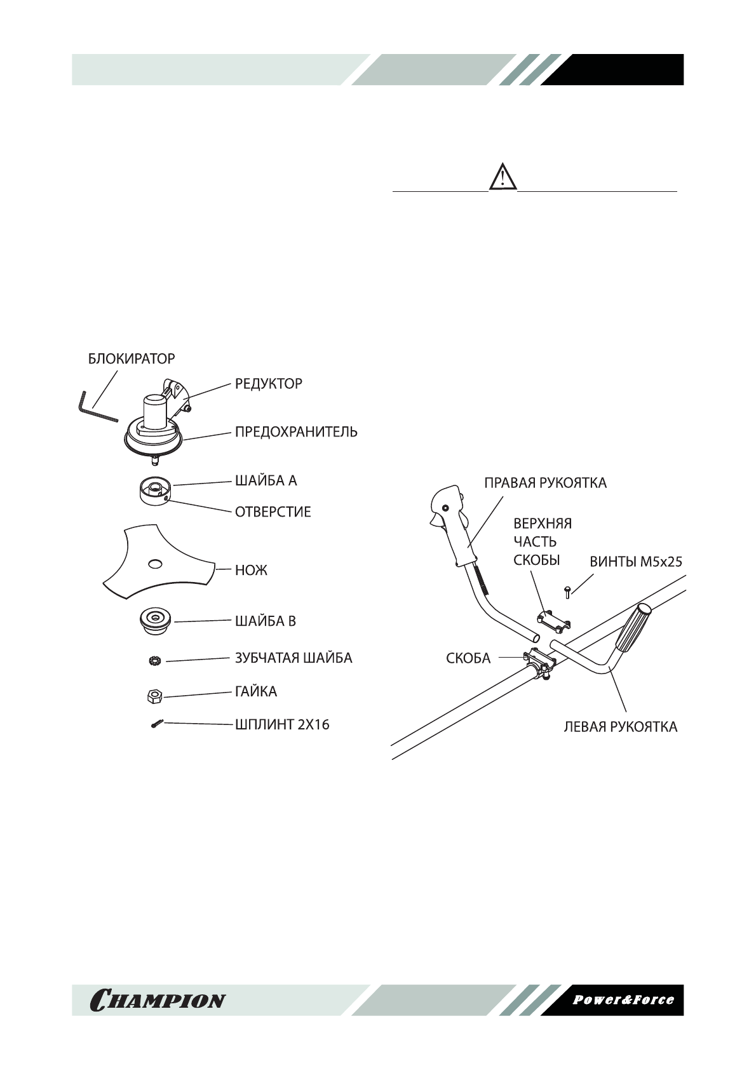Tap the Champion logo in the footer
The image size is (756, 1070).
coord(158,1000)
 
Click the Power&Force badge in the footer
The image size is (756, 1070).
coord(623,999)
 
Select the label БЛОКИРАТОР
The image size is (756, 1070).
coord(131,359)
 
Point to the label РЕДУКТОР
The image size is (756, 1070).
coord(269,384)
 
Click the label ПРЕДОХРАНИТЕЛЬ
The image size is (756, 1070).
coord(296,432)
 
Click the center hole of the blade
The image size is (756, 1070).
coord(154,563)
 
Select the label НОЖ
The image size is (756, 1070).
coord(252,570)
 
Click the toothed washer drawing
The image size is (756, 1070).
coord(154,661)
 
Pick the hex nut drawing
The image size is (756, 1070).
coord(153,696)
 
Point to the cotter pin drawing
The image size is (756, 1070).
coord(158,724)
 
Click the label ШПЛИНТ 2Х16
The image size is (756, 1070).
coord(282,724)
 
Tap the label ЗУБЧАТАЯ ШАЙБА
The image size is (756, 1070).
coord(294,658)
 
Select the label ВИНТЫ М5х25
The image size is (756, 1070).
coord(636,562)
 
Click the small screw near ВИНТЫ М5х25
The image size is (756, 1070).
coord(567,592)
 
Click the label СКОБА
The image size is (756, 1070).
coord(468,658)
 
